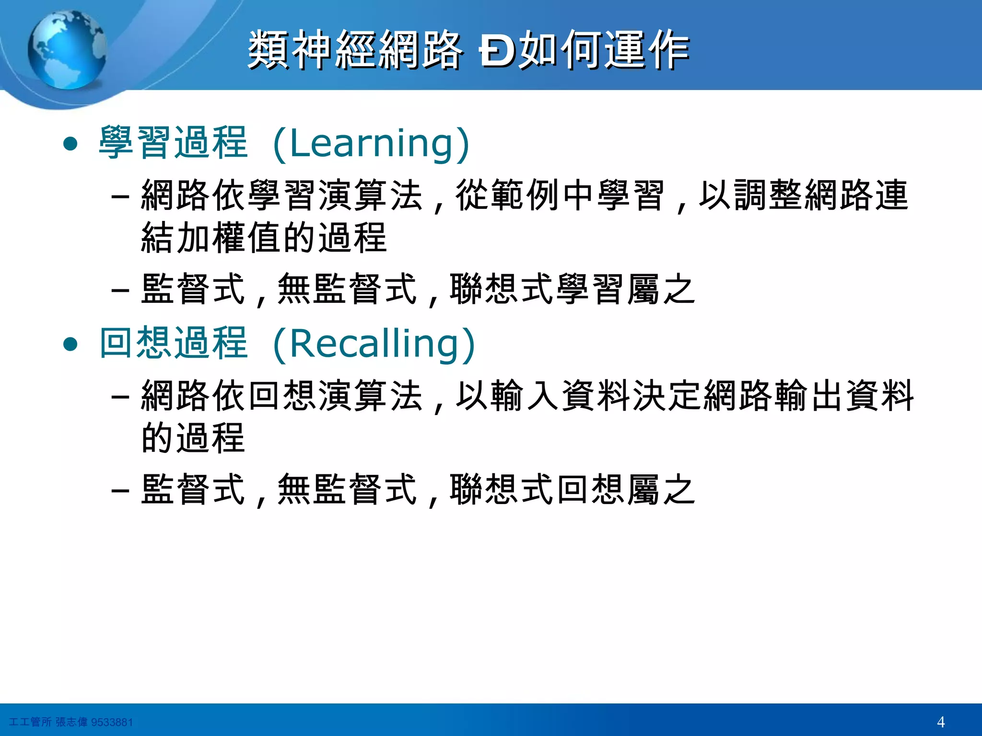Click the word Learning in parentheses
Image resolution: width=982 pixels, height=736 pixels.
(x=371, y=143)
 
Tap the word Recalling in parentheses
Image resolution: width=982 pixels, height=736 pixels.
(x=374, y=343)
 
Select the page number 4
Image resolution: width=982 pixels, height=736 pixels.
(x=940, y=722)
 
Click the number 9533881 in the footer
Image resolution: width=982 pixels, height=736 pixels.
(x=112, y=722)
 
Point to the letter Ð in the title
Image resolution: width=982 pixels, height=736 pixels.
(x=496, y=51)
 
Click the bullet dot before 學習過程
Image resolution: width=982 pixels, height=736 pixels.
(x=70, y=144)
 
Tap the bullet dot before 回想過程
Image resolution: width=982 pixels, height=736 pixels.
(x=70, y=344)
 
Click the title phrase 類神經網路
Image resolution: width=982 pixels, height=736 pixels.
(x=355, y=50)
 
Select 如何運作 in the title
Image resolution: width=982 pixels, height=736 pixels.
(x=605, y=50)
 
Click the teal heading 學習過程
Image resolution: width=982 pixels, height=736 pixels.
(x=174, y=143)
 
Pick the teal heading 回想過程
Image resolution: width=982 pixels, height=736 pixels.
(x=174, y=343)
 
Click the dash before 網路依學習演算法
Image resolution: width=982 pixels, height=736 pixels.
(x=120, y=197)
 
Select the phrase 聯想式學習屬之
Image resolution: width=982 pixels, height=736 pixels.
(x=572, y=290)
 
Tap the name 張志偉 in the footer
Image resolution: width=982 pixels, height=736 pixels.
(x=71, y=722)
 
